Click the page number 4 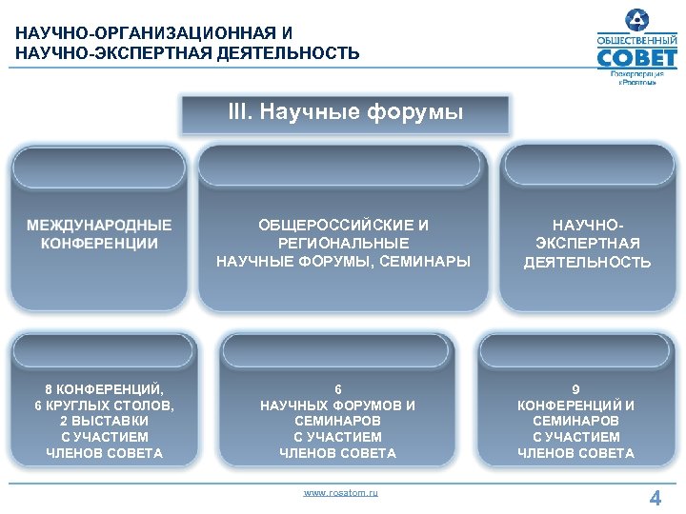click(x=655, y=497)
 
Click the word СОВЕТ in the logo click(x=636, y=61)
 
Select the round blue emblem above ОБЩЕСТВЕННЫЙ click(x=636, y=20)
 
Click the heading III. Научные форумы click(x=345, y=113)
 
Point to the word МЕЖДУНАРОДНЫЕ click(x=99, y=226)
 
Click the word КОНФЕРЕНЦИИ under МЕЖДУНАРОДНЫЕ click(x=99, y=244)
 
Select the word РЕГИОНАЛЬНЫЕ click(x=343, y=244)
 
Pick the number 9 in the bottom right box click(x=575, y=388)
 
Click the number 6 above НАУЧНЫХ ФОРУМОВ click(x=337, y=388)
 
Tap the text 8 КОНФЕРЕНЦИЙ click(x=104, y=388)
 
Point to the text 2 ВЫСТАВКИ click(x=104, y=421)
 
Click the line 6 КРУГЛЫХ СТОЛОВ click(x=104, y=405)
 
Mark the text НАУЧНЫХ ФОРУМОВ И click(x=337, y=405)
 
